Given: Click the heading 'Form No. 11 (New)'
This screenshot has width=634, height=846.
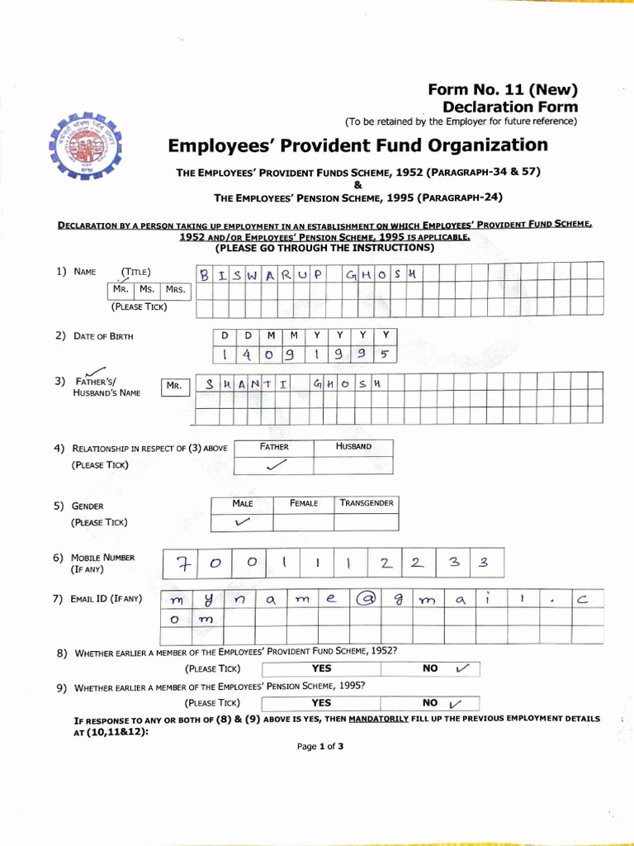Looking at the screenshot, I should pos(502,90).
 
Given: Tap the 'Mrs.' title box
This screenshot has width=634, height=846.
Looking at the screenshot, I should pos(175,290).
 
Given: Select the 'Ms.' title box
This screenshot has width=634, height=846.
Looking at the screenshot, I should pos(147,290).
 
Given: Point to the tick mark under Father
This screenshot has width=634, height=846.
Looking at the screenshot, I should pos(272,465).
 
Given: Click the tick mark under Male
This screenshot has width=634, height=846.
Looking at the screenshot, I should pos(242,522).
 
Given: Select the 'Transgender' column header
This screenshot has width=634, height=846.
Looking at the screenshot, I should pos(366,503).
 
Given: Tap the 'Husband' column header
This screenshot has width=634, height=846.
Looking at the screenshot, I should pos(353,446).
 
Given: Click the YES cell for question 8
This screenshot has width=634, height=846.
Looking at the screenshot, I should pos(321,668).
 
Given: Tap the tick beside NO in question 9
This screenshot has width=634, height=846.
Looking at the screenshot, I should pos(453,704).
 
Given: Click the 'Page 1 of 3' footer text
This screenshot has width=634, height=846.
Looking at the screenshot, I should pos(320,747).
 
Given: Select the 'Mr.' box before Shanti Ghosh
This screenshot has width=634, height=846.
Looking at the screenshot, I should pos(174,386).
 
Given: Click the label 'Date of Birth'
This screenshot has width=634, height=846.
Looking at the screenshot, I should pos(102,336).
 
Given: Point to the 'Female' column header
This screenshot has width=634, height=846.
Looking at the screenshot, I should pos(304,503).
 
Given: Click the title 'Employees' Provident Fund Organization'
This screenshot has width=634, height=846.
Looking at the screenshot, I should pos(357,145).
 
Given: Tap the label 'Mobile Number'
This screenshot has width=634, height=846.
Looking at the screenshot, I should pos(102,558).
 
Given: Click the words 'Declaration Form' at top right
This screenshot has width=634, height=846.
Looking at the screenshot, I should pos(509,107).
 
